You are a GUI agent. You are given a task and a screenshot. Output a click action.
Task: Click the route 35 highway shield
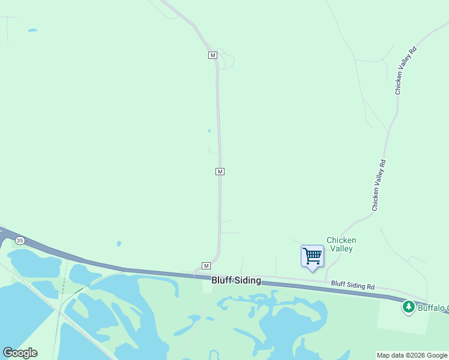[x=20, y=241]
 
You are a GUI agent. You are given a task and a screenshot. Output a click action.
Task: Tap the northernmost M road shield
[x=212, y=55]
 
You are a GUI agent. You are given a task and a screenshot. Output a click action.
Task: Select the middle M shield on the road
[x=220, y=172]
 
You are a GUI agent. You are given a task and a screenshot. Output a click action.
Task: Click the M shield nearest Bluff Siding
[x=206, y=266]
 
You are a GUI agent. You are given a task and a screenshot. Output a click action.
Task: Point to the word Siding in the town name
[x=247, y=280]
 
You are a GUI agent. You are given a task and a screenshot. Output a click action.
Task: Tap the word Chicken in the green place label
[x=341, y=240]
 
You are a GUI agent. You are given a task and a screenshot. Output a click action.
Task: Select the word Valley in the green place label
[x=341, y=248]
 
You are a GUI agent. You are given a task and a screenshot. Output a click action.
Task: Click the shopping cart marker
[x=312, y=256]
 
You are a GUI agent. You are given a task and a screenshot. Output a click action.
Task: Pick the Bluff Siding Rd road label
[x=353, y=285]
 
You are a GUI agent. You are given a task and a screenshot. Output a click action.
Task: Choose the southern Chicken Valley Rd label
[x=378, y=185]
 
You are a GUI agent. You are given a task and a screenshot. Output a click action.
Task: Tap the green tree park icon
[x=409, y=307]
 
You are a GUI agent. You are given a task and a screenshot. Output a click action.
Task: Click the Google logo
[x=20, y=353]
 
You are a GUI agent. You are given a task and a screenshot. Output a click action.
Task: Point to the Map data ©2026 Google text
[x=412, y=355]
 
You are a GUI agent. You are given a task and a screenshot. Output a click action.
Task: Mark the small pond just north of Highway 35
[x=119, y=244]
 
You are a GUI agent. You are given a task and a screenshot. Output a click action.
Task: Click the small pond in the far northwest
[x=32, y=30]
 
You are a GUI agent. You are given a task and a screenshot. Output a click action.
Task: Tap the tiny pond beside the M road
[x=209, y=131]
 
